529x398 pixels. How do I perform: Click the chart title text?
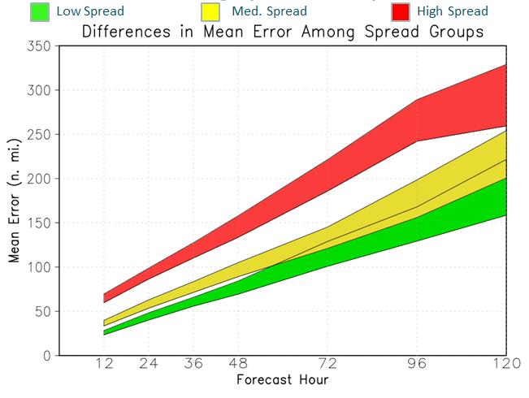pos(282,32)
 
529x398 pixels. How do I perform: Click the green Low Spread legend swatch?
pos(39,11)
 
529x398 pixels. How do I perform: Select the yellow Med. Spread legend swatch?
pos(210,11)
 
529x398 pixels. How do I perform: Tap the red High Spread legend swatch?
pos(400,11)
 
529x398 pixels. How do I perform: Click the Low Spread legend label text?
pos(90,11)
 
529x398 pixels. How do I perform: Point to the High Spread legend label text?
pos(452,11)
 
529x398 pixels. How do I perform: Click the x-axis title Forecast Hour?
pos(282,380)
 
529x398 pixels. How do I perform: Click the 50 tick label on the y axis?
pos(43,311)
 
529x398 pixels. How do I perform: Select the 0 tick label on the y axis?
pos(48,355)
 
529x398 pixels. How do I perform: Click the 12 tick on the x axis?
pos(104,365)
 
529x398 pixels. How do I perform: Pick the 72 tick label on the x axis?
pos(327,365)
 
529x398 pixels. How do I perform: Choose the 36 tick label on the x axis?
pos(193,365)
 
